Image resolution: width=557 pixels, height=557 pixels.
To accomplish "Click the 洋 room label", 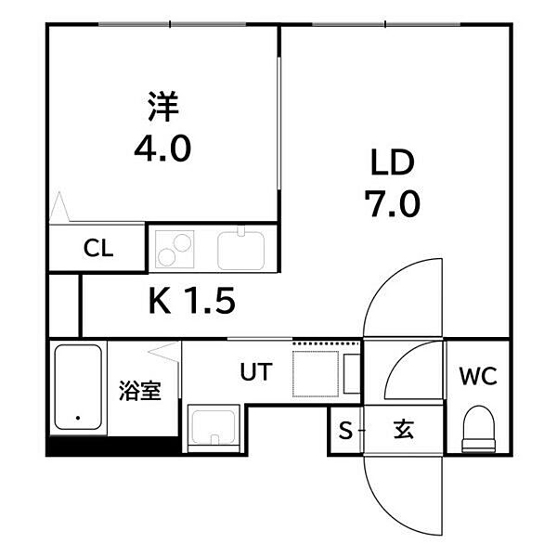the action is click(x=163, y=107).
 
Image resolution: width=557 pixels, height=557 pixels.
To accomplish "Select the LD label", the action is click(x=393, y=162).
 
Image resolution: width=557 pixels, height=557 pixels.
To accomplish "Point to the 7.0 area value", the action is click(x=393, y=203).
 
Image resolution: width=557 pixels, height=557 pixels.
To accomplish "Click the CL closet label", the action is click(x=98, y=248).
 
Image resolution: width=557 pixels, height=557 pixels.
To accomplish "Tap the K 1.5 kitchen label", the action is click(x=192, y=301).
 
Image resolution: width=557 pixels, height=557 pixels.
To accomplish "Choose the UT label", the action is click(x=256, y=371).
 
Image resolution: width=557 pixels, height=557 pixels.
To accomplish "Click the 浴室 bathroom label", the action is click(x=140, y=391).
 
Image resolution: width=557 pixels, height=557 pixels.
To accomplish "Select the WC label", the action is click(x=478, y=376).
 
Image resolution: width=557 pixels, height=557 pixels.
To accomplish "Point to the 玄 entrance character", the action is click(x=404, y=430).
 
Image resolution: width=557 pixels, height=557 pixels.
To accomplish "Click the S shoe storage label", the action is click(x=345, y=430).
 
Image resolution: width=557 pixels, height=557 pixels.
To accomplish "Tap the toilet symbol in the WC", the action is click(x=478, y=429).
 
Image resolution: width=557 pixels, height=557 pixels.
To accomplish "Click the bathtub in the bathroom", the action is click(x=78, y=387).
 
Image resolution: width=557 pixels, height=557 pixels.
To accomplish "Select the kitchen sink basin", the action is click(x=240, y=251).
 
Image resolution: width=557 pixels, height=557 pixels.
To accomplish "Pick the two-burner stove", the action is click(x=175, y=249).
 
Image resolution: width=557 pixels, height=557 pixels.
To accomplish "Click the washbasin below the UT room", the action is click(x=214, y=428).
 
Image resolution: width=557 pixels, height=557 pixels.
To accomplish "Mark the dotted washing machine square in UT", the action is click(x=316, y=374).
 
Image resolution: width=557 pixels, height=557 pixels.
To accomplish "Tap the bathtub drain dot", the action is click(x=78, y=418).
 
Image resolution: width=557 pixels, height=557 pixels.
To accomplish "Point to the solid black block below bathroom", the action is click(x=113, y=446).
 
